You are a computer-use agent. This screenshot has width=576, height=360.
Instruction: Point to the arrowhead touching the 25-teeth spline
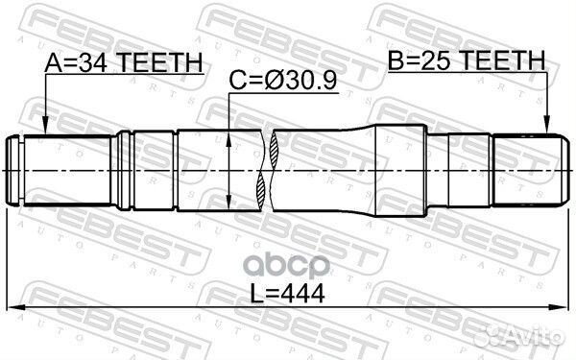coord(547,126)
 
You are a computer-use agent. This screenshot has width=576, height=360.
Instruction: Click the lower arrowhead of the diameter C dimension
coord(229,204)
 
